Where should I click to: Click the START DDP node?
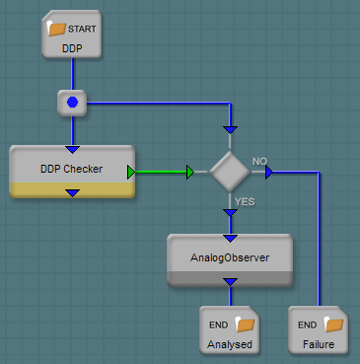tap(72, 34)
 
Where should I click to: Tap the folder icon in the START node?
tap(56, 29)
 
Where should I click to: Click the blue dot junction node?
tap(72, 103)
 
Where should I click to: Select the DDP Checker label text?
tap(71, 169)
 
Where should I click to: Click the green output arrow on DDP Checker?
tap(131, 173)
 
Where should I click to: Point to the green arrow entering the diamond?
tap(190, 172)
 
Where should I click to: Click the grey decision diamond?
tap(230, 172)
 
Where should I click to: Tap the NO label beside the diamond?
tap(259, 161)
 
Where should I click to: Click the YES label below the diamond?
tap(245, 201)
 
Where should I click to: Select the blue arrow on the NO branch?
tap(269, 172)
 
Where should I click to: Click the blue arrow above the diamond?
tap(230, 130)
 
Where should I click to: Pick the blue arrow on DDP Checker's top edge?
tap(72, 150)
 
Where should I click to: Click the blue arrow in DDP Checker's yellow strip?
tap(72, 193)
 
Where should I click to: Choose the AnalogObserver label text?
tap(230, 257)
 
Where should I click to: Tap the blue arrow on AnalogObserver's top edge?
tap(230, 239)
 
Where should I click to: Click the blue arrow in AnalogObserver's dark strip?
tap(230, 282)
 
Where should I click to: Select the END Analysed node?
tap(230, 330)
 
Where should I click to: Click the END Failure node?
tap(319, 330)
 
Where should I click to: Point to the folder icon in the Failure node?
tap(333, 325)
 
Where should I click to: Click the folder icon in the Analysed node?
tap(246, 325)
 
